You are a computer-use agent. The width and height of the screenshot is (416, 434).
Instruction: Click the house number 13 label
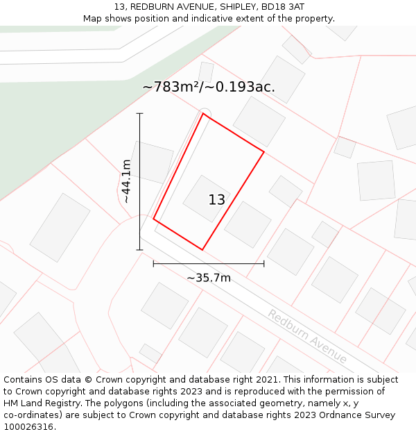pyautogui.click(x=216, y=200)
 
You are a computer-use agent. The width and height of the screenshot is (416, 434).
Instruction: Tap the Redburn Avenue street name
pyautogui.click(x=307, y=336)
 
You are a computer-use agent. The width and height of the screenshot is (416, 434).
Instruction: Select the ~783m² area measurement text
pyautogui.click(x=173, y=87)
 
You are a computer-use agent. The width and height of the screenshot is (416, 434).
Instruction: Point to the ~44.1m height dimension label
pyautogui.click(x=126, y=181)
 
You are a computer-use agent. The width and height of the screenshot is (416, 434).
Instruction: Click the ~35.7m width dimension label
pyautogui.click(x=209, y=278)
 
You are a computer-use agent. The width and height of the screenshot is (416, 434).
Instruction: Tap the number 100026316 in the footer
pyautogui.click(x=27, y=426)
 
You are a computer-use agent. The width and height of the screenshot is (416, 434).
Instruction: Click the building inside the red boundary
pyautogui.click(x=206, y=197)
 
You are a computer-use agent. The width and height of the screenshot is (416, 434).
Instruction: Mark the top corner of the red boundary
pyautogui.click(x=203, y=114)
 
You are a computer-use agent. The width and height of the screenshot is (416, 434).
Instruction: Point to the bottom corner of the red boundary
pyautogui.click(x=202, y=249)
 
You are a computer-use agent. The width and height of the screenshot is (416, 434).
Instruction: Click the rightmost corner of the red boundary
pyautogui.click(x=264, y=151)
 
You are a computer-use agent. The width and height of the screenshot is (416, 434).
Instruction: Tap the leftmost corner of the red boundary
pyautogui.click(x=153, y=219)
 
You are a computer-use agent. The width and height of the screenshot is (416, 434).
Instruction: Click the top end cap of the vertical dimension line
pyautogui.click(x=140, y=113)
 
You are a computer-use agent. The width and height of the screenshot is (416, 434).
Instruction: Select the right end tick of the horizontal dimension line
pyautogui.click(x=264, y=264)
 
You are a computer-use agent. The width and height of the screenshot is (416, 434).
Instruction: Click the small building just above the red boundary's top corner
pyautogui.click(x=206, y=72)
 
